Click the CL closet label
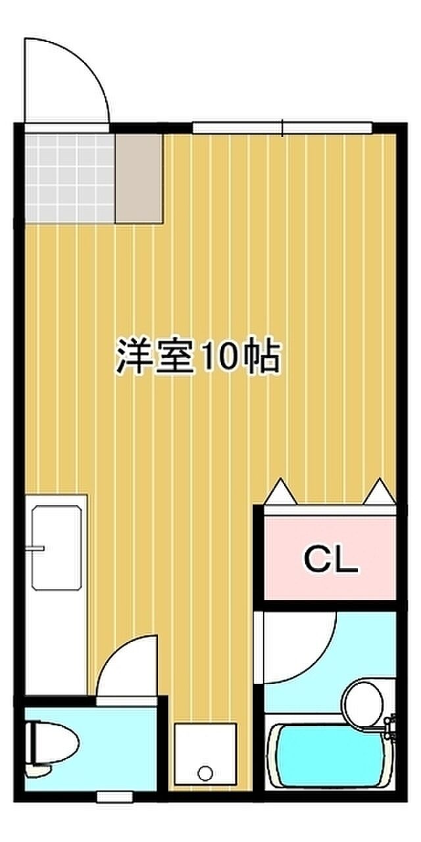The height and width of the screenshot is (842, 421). click(x=330, y=560)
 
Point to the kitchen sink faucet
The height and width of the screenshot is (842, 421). click(x=35, y=549)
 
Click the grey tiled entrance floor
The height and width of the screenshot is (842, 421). click(x=70, y=178)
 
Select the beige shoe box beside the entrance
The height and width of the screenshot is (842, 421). click(x=139, y=178)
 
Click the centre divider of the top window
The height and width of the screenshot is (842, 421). click(x=282, y=128)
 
